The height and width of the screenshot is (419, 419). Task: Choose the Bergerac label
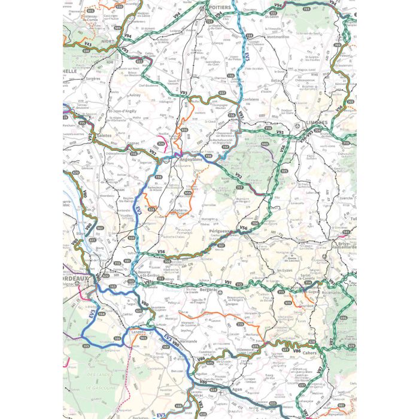pyautogui.click(x=207, y=289)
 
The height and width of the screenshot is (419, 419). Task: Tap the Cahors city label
pyautogui.click(x=308, y=353)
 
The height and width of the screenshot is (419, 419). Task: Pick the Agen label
pyautogui.click(x=237, y=389)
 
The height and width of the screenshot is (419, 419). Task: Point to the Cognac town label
pyautogui.click(x=133, y=144)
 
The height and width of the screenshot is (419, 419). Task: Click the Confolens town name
pyautogui.click(x=251, y=99)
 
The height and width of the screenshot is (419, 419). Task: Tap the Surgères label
pyautogui.click(x=93, y=78)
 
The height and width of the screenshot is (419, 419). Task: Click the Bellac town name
pyautogui.click(x=277, y=80)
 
